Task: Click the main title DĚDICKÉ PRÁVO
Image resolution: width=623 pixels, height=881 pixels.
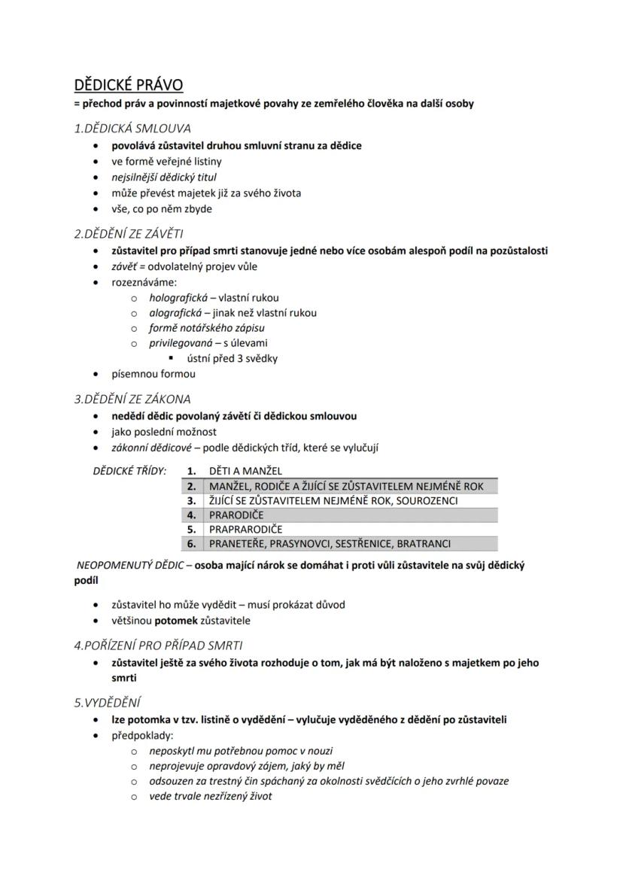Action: click(x=129, y=84)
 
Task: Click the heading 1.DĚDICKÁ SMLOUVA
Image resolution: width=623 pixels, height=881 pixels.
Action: click(x=132, y=128)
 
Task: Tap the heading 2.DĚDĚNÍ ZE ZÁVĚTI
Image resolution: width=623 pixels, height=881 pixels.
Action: click(x=128, y=234)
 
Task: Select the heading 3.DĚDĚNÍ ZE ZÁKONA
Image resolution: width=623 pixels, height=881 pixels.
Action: click(x=132, y=399)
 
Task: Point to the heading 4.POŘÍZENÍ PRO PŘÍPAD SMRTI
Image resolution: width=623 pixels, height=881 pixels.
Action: click(x=158, y=645)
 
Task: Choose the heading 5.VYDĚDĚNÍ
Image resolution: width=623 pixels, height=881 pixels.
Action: click(x=108, y=703)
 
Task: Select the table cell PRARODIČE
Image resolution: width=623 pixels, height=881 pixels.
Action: click(x=236, y=515)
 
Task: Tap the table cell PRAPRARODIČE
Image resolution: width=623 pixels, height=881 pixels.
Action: click(x=245, y=529)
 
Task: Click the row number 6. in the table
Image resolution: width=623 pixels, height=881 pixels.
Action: click(x=192, y=543)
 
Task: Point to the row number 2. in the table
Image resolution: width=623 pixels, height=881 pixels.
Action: click(x=192, y=486)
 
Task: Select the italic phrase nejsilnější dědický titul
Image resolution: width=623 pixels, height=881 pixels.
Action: click(x=164, y=177)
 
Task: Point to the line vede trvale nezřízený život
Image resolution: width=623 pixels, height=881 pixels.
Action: click(x=211, y=796)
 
